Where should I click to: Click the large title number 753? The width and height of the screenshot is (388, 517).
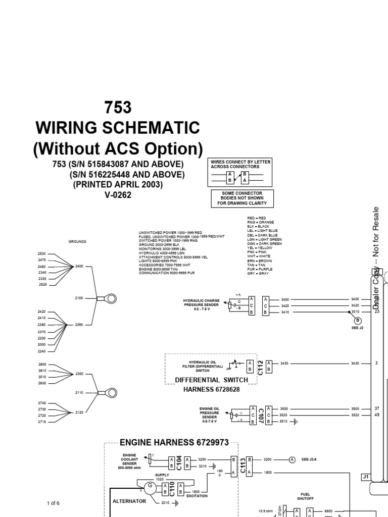tap(117, 108)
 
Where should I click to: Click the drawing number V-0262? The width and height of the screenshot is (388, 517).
tap(118, 195)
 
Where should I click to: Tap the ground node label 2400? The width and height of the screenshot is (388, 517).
tap(79, 266)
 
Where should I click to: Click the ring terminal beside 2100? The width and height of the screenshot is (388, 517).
tap(109, 298)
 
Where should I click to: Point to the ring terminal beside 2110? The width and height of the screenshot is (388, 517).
tap(109, 392)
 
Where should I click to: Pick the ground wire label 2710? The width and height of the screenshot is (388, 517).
tap(41, 422)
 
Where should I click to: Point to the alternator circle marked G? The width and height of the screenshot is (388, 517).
tap(149, 487)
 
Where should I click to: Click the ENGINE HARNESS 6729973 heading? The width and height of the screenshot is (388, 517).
tap(174, 443)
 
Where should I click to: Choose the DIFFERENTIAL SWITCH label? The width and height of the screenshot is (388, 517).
tap(211, 380)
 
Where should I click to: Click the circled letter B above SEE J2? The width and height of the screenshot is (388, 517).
tap(358, 321)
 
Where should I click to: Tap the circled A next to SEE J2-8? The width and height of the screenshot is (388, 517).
tap(292, 459)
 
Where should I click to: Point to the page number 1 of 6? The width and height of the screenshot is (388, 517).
tap(53, 503)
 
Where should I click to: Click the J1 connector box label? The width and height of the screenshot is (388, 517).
tap(366, 477)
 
